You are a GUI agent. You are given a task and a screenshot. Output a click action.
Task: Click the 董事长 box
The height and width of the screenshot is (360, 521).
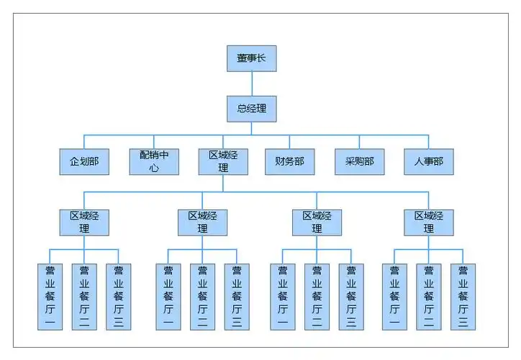[x=251, y=58]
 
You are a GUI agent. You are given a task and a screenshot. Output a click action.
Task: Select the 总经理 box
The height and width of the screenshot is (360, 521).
[x=251, y=109]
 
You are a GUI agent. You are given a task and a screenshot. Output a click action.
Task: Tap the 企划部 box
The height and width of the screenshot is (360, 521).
[x=84, y=162]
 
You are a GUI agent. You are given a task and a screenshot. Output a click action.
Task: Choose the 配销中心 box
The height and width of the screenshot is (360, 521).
[x=154, y=162]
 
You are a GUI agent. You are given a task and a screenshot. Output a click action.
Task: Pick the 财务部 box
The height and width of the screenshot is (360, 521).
[x=290, y=162]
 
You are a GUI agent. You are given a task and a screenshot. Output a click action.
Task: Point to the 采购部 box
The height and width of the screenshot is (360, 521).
[x=360, y=162]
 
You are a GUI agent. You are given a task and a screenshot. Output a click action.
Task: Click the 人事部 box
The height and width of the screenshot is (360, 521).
[x=429, y=162]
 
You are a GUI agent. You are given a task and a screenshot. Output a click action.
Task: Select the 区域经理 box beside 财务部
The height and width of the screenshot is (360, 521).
[x=223, y=162]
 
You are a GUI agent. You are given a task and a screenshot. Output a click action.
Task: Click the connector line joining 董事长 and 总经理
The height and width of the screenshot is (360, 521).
[x=251, y=84]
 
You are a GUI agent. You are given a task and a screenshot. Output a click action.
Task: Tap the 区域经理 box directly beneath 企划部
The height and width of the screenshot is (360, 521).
[x=84, y=222]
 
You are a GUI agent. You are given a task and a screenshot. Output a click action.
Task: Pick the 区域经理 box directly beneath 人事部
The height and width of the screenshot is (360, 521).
[x=429, y=222]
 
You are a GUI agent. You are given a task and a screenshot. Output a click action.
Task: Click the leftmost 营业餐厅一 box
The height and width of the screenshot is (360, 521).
[x=50, y=297]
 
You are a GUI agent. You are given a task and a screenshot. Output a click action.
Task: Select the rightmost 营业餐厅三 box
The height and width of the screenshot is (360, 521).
[x=463, y=297]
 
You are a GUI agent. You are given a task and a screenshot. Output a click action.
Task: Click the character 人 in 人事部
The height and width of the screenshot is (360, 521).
[x=419, y=162]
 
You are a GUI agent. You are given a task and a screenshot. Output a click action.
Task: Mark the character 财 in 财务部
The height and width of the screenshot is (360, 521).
[x=280, y=162]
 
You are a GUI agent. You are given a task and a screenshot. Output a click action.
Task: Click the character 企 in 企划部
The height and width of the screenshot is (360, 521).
[x=74, y=162]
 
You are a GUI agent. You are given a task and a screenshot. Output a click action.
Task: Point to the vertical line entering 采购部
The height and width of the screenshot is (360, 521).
[x=360, y=143]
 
